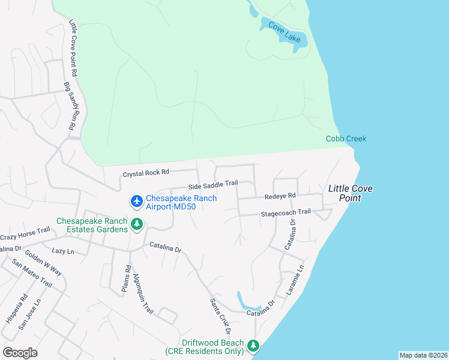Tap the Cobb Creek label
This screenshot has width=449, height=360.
[346, 139]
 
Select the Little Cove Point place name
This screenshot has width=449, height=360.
[350, 193]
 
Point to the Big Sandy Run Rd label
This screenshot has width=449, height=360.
[69, 106]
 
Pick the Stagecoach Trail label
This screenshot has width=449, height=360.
[285, 212]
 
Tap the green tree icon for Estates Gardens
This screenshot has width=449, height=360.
[137, 225]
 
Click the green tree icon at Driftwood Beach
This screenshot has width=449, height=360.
[253, 346]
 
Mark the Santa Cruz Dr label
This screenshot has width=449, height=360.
[220, 316]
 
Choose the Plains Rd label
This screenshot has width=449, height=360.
[127, 279]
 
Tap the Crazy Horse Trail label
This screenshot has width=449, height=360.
[25, 230]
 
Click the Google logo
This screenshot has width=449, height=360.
[20, 352]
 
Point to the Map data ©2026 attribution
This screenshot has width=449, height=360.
[423, 355]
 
